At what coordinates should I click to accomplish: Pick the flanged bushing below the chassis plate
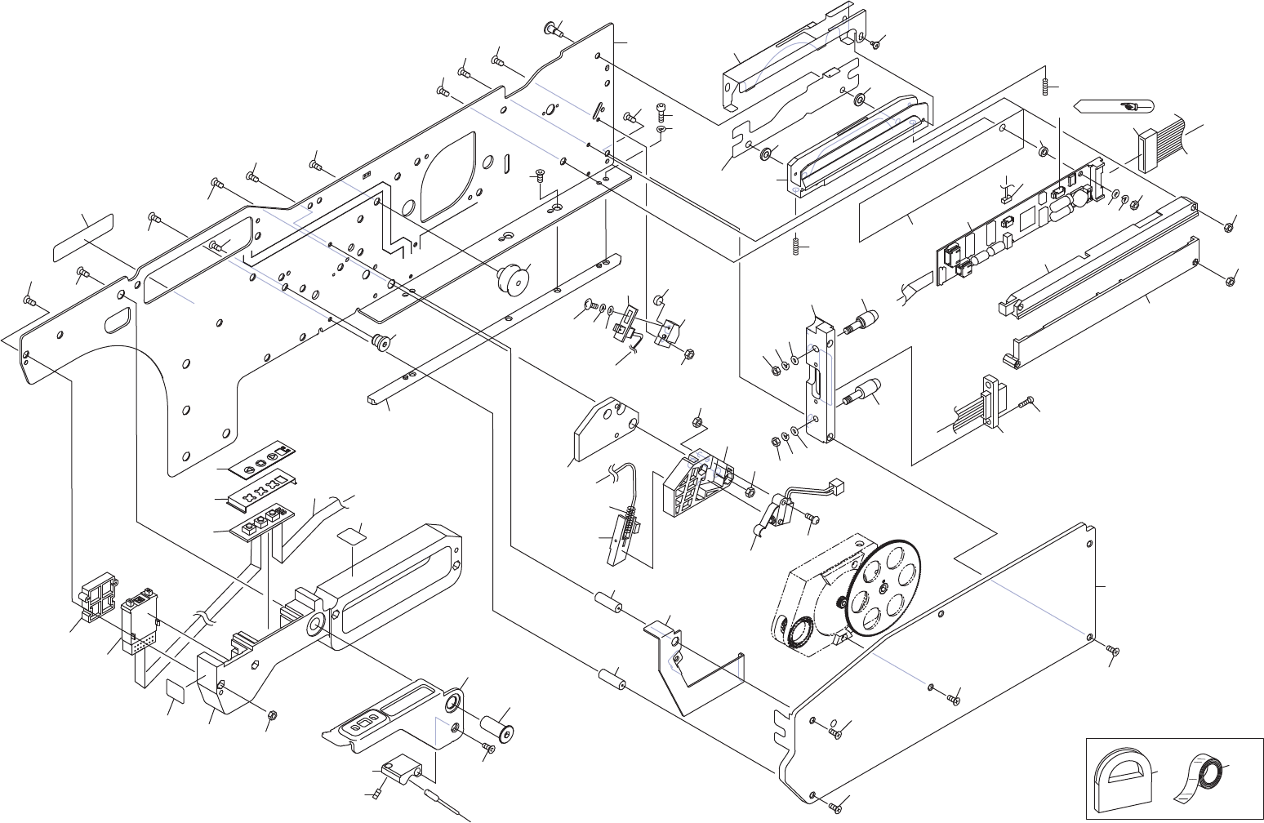pyautogui.click(x=380, y=342)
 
